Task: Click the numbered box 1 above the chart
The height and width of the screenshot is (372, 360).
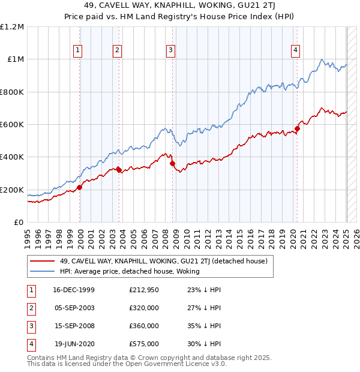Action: click(x=79, y=50)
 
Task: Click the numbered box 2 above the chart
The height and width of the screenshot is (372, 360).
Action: click(x=118, y=50)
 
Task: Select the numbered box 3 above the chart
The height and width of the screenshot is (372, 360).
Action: click(x=171, y=50)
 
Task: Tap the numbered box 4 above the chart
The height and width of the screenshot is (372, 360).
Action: click(x=296, y=50)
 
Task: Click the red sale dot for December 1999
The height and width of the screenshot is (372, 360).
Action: click(x=80, y=187)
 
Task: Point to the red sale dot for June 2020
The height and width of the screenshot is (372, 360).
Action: click(x=297, y=128)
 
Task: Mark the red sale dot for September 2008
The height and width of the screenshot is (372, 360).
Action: click(x=172, y=163)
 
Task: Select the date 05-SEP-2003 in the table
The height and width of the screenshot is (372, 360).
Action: click(x=74, y=308)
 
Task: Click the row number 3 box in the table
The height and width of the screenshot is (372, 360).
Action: click(x=30, y=326)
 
